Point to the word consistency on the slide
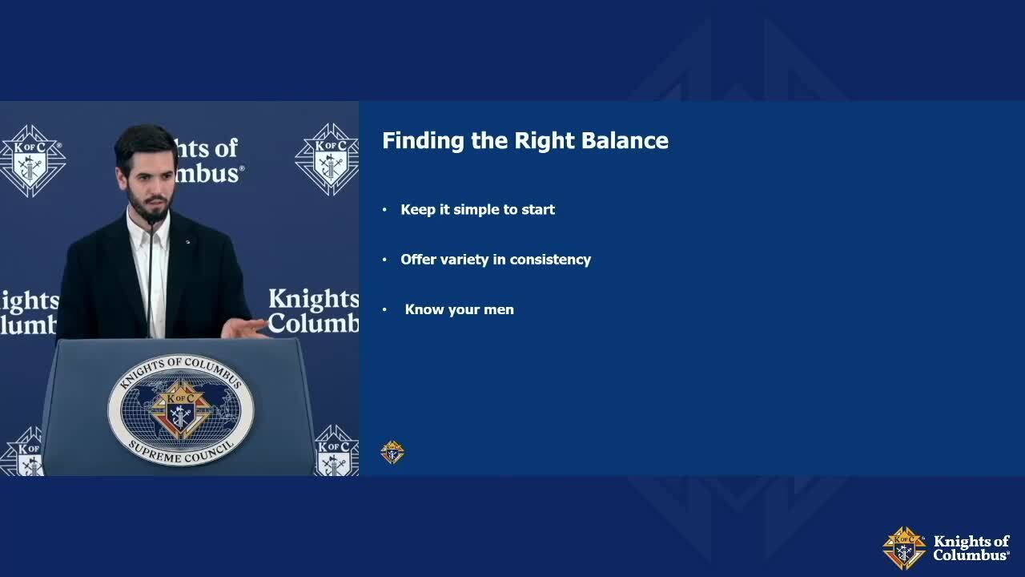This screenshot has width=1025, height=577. point(550,260)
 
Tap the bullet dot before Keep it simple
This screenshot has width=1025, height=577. point(384,210)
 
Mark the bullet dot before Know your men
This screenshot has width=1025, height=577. point(384,310)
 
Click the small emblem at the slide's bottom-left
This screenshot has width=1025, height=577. point(392,453)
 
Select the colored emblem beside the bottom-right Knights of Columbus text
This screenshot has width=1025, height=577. point(904,548)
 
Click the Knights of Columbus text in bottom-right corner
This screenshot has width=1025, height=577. point(971,548)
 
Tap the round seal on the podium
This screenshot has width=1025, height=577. point(181,410)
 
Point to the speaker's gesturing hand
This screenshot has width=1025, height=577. point(244,329)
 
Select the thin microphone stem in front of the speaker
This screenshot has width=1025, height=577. point(150,280)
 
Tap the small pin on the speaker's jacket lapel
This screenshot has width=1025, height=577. point(187,241)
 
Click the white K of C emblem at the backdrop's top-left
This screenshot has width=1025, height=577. point(32,161)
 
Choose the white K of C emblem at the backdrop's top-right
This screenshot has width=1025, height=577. point(328,159)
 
